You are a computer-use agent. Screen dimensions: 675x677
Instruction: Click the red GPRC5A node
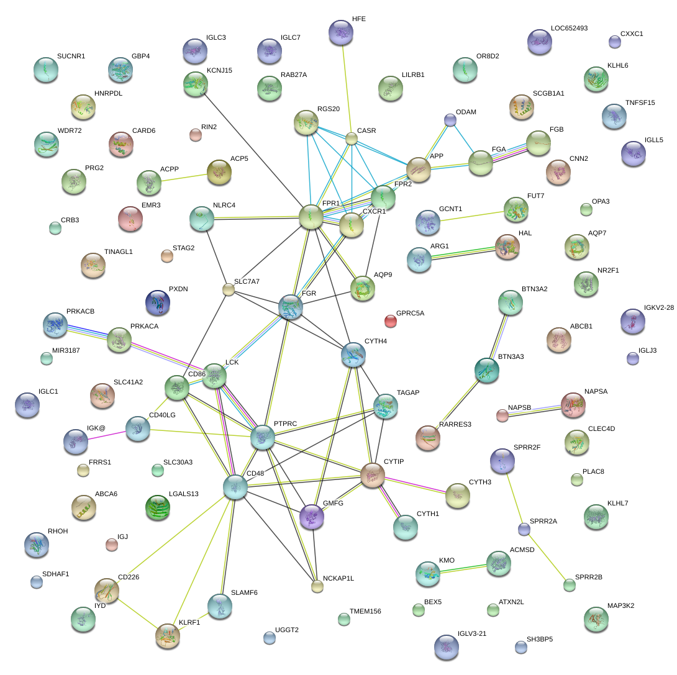pyautogui.click(x=390, y=320)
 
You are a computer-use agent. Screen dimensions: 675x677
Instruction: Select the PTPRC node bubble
pyautogui.click(x=263, y=437)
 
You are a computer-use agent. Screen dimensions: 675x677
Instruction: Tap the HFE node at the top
pyautogui.click(x=340, y=32)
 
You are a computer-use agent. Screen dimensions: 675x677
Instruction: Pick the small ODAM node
pyautogui.click(x=450, y=120)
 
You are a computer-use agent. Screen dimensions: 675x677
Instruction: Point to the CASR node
pyautogui.click(x=352, y=139)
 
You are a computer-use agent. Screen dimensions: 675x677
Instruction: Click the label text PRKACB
pyautogui.click(x=80, y=311)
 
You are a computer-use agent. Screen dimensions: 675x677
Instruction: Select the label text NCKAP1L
pyautogui.click(x=338, y=578)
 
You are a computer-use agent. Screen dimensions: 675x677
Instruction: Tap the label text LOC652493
pyautogui.click(x=569, y=29)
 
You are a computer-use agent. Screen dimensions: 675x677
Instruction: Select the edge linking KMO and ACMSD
pyautogui.click(x=463, y=568)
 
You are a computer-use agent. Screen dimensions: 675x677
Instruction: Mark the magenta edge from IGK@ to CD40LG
pyautogui.click(x=107, y=435)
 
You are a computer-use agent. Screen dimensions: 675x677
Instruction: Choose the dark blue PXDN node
pyautogui.click(x=157, y=302)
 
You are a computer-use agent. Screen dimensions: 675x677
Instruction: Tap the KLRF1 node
pyautogui.click(x=167, y=636)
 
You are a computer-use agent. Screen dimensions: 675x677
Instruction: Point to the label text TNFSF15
pyautogui.click(x=640, y=102)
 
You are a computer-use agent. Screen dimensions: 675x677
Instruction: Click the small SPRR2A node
pyautogui.click(x=524, y=529)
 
